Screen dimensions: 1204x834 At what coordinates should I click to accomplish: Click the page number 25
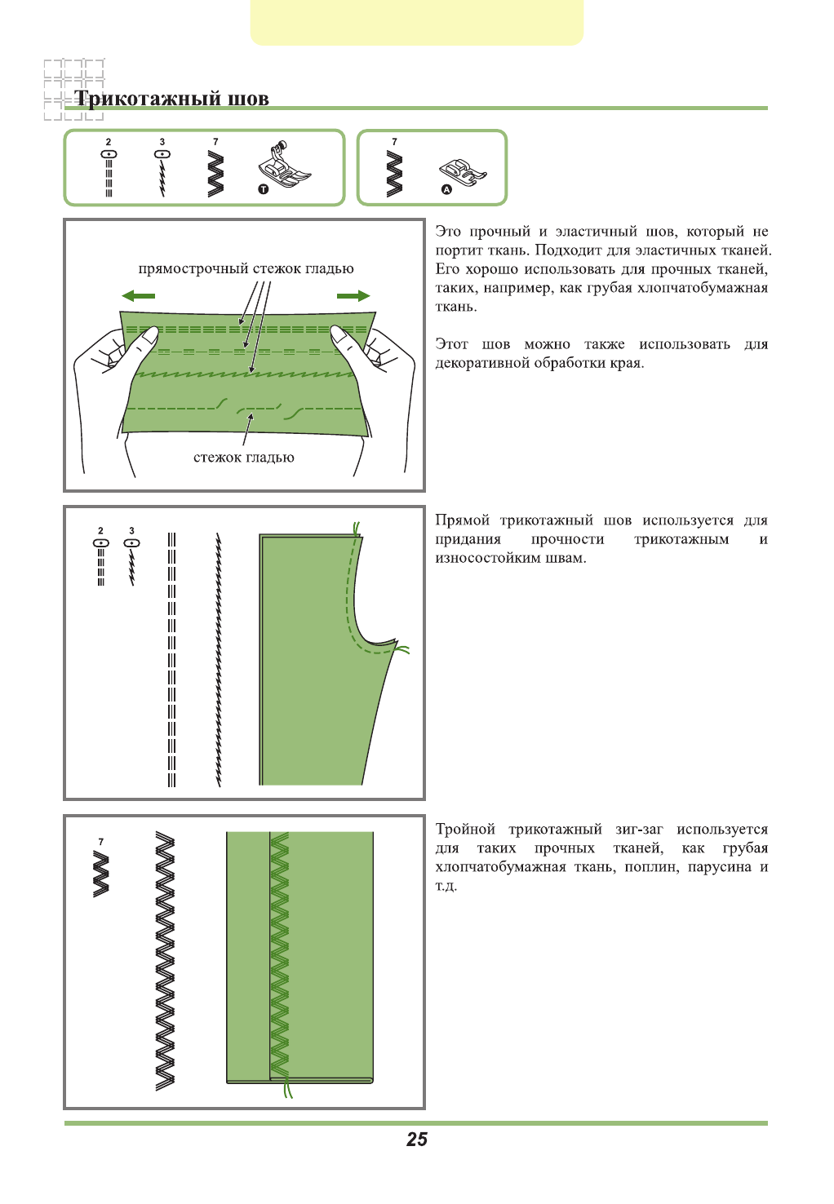tap(417, 1140)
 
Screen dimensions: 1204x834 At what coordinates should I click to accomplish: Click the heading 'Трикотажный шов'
tap(171, 99)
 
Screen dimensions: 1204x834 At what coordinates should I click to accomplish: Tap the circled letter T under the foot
tap(263, 189)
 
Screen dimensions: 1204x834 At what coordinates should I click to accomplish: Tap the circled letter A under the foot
tap(446, 189)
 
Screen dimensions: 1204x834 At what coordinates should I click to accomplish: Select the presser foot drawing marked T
tap(284, 166)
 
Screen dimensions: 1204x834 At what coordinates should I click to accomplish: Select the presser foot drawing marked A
tap(463, 170)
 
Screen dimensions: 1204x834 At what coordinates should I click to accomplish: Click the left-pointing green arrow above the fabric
tap(138, 296)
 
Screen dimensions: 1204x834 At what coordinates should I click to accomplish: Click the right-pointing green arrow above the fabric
tap(353, 296)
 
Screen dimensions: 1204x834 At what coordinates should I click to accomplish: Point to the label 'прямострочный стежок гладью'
tap(246, 268)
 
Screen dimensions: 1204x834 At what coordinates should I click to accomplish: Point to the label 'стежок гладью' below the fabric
tap(244, 458)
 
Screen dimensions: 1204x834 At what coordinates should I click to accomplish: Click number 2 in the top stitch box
tap(109, 142)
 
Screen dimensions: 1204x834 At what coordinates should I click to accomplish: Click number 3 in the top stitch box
tap(162, 142)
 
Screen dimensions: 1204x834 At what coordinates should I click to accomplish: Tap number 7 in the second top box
tap(395, 142)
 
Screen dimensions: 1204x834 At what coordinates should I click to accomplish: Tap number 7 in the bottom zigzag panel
tap(101, 842)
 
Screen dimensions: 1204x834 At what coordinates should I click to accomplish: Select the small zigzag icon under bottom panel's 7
tap(101, 874)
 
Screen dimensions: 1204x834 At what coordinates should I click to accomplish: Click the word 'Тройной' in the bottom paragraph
tap(465, 830)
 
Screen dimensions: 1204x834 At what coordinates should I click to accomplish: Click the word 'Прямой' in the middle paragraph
tap(462, 520)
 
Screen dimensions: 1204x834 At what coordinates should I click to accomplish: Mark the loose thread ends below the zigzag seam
tap(286, 1090)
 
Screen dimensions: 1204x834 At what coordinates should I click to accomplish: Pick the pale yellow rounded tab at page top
tap(417, 22)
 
